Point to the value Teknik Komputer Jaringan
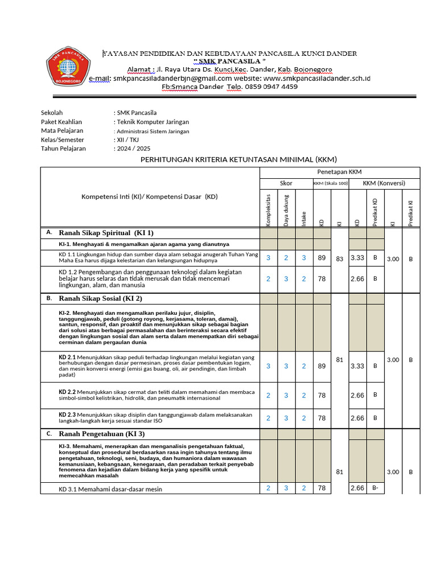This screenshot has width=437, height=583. (152, 122)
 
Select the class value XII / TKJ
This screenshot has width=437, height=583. (127, 139)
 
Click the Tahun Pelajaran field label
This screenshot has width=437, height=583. (63, 149)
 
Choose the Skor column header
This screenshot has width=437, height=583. (286, 183)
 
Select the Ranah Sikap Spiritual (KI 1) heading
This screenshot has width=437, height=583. (106, 233)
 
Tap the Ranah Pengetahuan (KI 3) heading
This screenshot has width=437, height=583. (102, 434)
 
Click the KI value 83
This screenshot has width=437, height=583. (340, 259)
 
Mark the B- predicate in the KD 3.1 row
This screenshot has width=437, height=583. (375, 488)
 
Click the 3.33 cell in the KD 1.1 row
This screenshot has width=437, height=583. (357, 258)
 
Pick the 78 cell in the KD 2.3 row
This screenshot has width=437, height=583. (321, 418)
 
